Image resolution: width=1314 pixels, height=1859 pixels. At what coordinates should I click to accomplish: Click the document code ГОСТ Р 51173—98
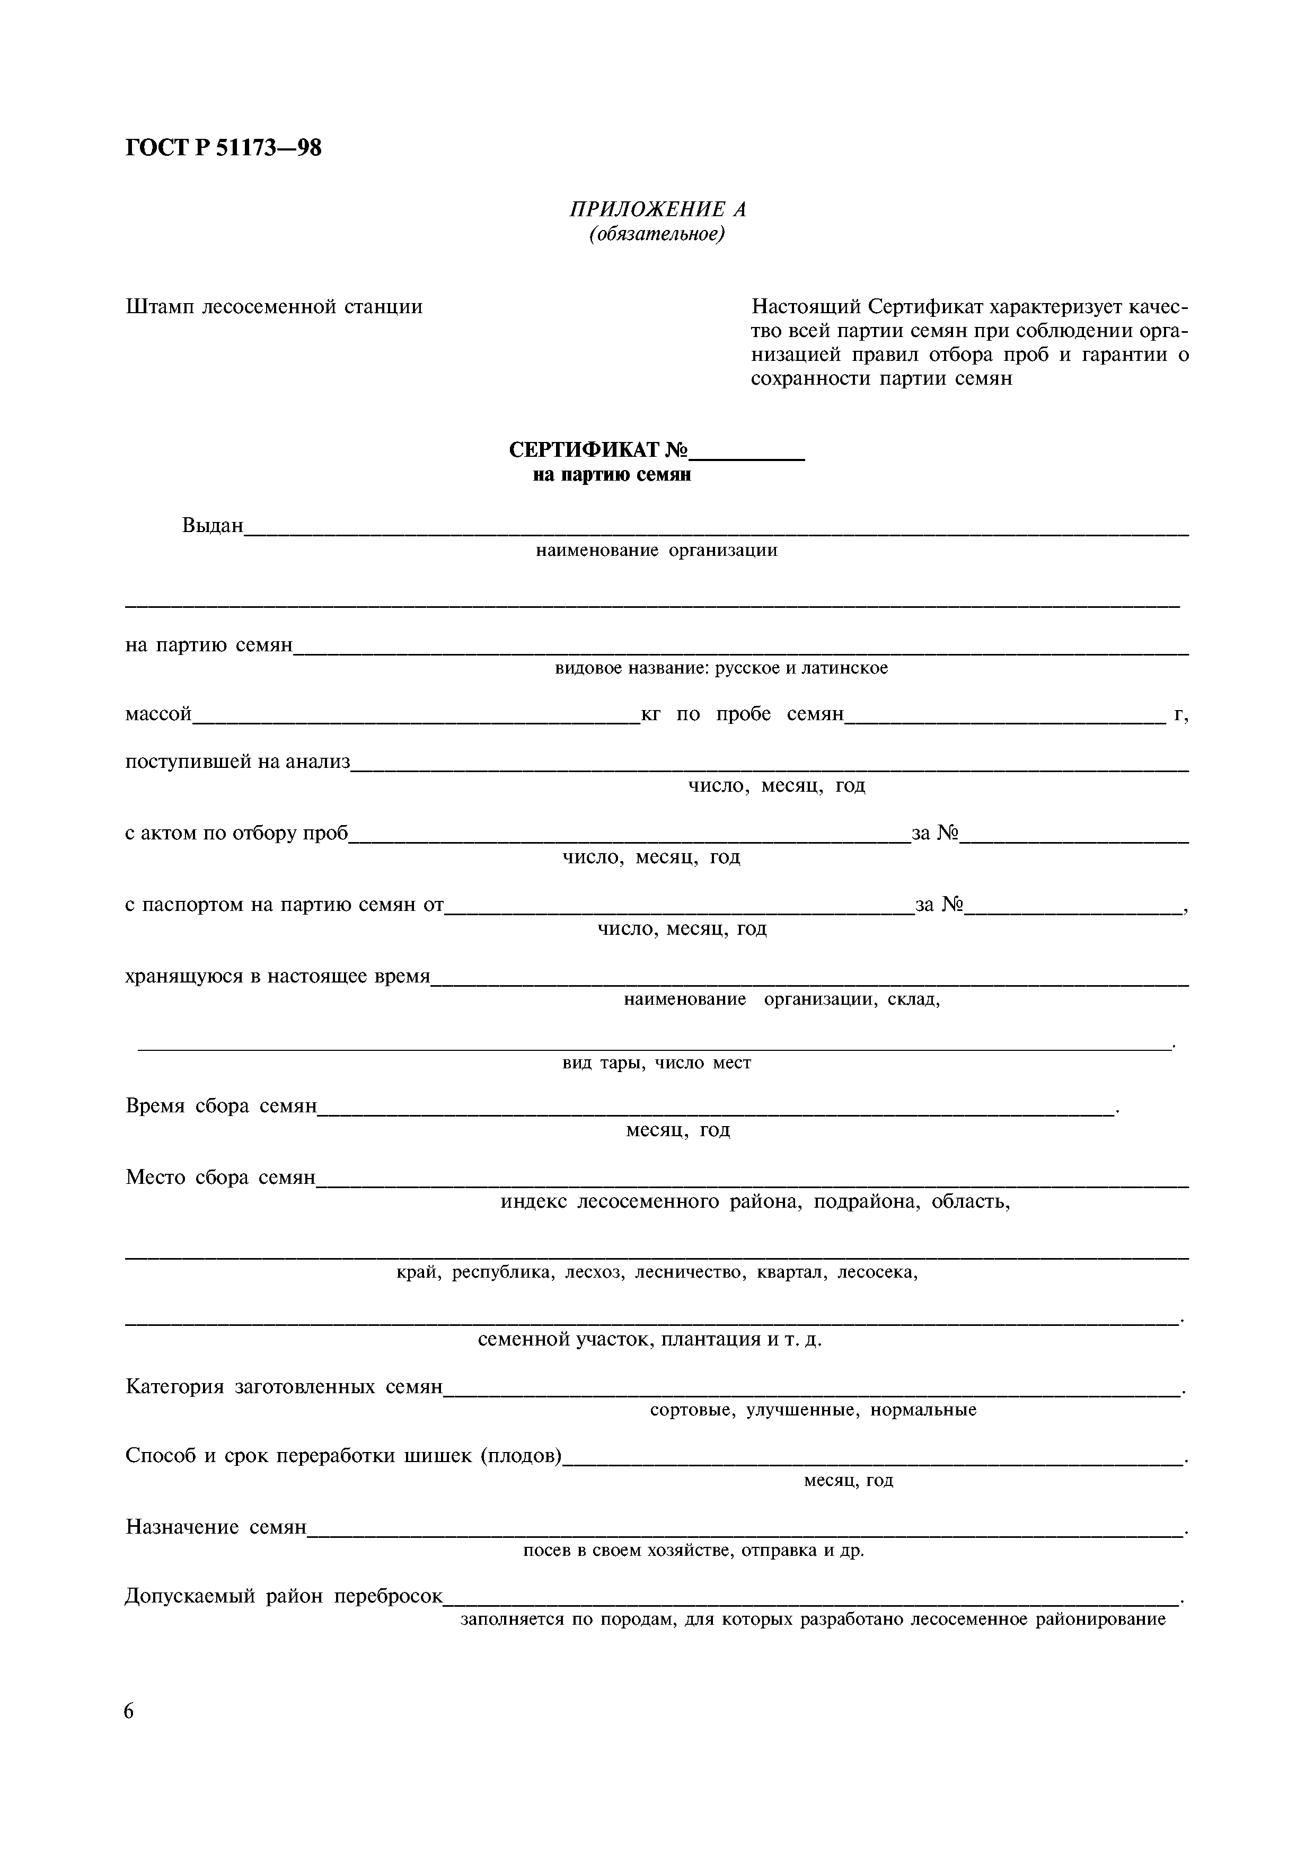[x=224, y=148]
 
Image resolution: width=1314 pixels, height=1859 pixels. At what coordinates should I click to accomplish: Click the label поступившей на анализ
[x=237, y=762]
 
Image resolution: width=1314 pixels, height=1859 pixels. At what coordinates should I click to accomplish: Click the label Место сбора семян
[x=220, y=1178]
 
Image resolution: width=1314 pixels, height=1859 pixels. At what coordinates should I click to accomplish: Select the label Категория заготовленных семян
[x=284, y=1387]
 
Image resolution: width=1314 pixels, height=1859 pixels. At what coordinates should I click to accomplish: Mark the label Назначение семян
[x=216, y=1527]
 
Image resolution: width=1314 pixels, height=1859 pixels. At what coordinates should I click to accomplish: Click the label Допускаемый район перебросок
[x=284, y=1597]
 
